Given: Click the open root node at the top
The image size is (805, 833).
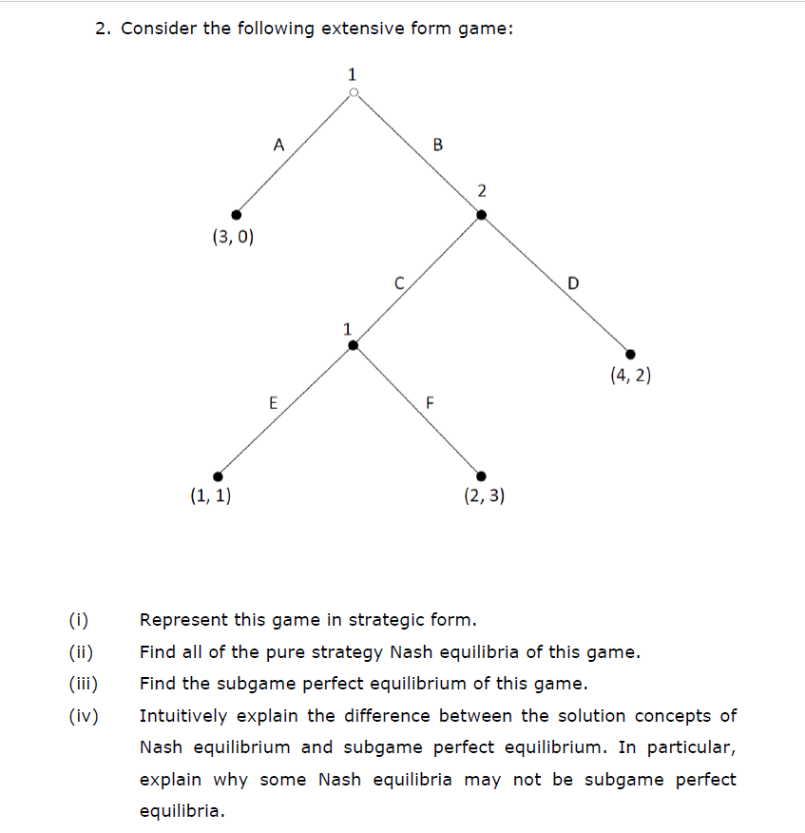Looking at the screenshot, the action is click(354, 93).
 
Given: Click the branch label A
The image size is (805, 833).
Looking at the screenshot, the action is click(278, 145).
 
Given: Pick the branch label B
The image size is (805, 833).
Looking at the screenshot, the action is click(437, 145).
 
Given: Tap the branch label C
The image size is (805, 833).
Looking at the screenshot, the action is click(400, 281).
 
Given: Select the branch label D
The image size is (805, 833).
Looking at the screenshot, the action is click(572, 282).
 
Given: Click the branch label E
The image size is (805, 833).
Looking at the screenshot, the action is click(273, 402).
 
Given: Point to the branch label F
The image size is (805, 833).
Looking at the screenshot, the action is click(429, 402).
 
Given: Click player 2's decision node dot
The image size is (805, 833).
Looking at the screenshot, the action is click(481, 215).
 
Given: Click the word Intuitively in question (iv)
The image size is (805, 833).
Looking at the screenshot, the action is click(186, 716).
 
